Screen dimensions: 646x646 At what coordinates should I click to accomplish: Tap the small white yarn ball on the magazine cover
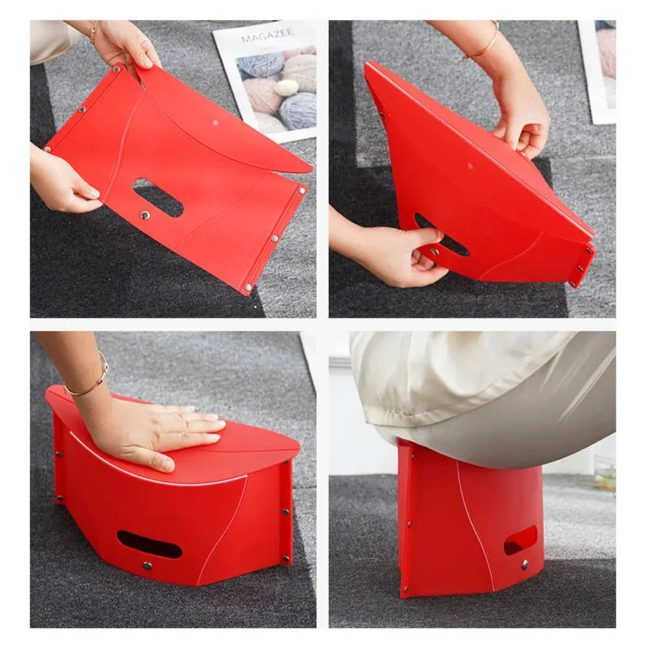(286, 88)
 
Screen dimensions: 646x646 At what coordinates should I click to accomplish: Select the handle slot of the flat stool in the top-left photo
(158, 197)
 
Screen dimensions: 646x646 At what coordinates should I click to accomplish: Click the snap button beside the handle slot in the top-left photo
(145, 215)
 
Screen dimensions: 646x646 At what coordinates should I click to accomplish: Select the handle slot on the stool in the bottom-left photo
(149, 544)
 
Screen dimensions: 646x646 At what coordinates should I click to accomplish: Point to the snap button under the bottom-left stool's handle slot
(147, 565)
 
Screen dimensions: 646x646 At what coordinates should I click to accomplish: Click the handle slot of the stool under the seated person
(520, 539)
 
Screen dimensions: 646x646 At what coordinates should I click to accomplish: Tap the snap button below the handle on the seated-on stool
(524, 564)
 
